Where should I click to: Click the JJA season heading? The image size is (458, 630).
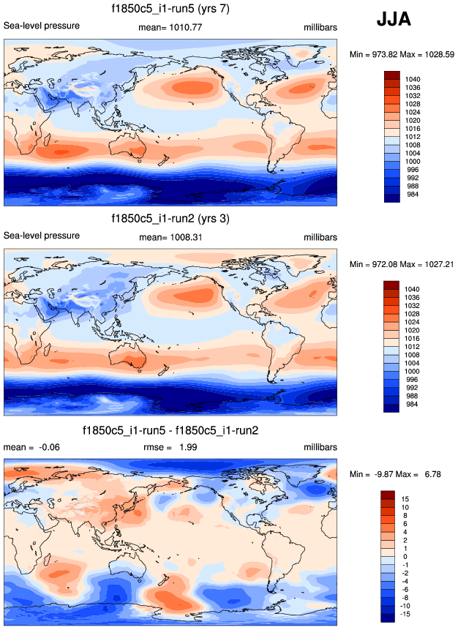pos(394,20)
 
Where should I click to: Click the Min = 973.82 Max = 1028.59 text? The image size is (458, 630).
pos(401,54)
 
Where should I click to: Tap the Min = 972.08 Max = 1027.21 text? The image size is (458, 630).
pos(401,264)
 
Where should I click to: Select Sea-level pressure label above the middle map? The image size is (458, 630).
pos(42,236)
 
